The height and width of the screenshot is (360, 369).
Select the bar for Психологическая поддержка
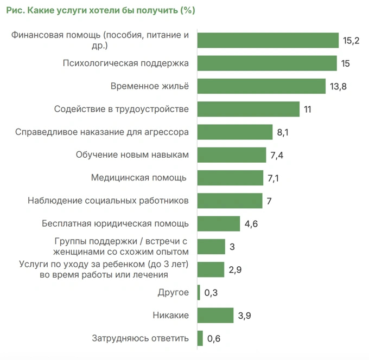(x=267, y=63)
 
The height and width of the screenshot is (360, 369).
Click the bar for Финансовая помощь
(x=268, y=40)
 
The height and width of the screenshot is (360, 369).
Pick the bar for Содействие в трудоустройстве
(x=249, y=109)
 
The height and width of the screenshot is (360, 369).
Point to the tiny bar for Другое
(x=199, y=293)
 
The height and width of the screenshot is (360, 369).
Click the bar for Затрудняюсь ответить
(x=200, y=338)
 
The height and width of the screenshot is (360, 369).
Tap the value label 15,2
(x=351, y=41)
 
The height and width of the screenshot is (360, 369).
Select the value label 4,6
(x=251, y=224)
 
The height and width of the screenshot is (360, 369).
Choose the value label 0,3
(x=211, y=293)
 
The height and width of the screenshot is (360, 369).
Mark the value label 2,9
(x=235, y=270)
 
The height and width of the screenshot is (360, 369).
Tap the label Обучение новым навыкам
(x=132, y=155)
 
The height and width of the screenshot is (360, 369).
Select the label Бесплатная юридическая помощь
(x=115, y=223)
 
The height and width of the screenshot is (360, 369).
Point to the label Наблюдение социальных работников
(x=108, y=201)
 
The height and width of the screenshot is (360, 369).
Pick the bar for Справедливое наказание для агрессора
(x=235, y=132)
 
